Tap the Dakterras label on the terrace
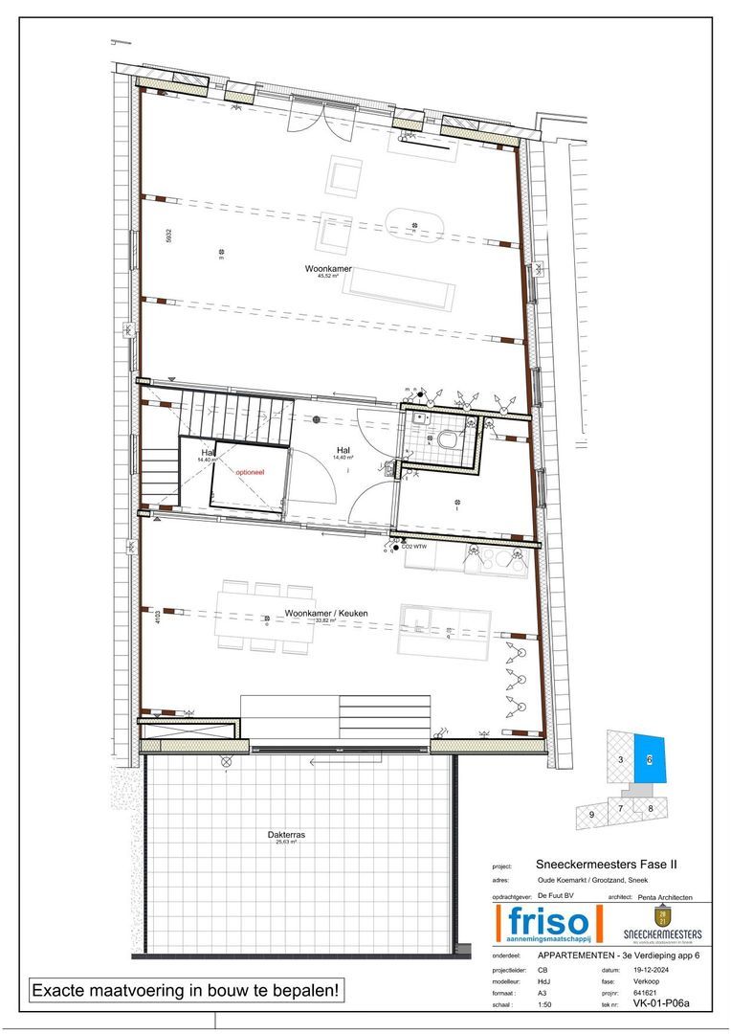[x=286, y=835]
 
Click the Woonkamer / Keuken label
[x=326, y=613]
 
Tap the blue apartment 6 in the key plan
[x=650, y=759]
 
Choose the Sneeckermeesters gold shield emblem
[x=662, y=916]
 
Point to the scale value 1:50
[x=545, y=1003]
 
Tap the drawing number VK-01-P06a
[x=654, y=1003]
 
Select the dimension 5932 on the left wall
[x=167, y=236]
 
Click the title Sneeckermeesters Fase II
[x=608, y=864]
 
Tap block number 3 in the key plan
[x=621, y=760]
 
